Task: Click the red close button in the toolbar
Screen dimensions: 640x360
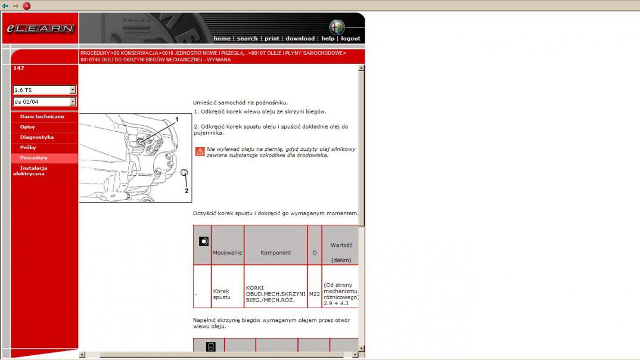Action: coord(27,6)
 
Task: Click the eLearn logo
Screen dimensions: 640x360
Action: coord(40,29)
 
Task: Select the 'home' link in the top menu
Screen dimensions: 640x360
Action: coord(222,38)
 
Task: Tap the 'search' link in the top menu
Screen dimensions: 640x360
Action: coord(247,38)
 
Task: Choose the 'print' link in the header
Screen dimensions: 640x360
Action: coord(272,38)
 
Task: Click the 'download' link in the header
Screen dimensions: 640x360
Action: coord(300,38)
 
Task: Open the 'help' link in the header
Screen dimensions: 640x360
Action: coord(328,38)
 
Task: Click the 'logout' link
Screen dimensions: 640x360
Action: coord(350,38)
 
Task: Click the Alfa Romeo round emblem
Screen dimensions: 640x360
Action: coord(337,27)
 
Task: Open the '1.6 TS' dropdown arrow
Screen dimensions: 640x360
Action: coord(72,90)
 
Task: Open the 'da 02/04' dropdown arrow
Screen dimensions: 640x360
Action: coord(72,102)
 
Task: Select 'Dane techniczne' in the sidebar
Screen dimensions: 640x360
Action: coord(42,116)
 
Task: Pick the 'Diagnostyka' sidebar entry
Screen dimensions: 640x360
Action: coord(37,137)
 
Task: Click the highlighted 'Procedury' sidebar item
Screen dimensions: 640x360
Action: coord(34,157)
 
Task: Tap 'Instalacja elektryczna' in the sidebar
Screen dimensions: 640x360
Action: coord(30,170)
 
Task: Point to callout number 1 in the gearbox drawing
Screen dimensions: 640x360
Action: coord(177,120)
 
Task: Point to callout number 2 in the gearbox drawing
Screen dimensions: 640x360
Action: coord(187,191)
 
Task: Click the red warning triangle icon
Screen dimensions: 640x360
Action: coord(200,151)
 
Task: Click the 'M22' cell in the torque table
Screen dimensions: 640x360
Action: coord(314,294)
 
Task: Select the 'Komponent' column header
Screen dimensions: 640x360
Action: coord(275,253)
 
